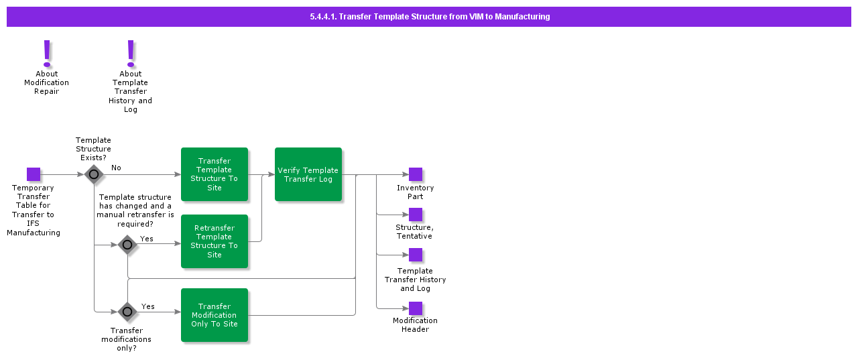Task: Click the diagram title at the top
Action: pos(429,17)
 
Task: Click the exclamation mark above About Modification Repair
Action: pos(47,52)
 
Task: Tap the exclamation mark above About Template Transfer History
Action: pos(131,52)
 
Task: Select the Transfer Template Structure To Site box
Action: pos(214,174)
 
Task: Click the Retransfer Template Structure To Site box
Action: pos(214,241)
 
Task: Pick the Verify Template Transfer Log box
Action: pos(308,174)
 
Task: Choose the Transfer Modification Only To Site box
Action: pos(214,315)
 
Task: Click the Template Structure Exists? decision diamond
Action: pos(94,174)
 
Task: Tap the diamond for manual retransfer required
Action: pos(127,245)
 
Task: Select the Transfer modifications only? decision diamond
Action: pos(127,312)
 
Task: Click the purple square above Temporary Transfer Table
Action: pos(34,174)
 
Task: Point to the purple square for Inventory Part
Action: pos(416,174)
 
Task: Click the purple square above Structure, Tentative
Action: pos(416,215)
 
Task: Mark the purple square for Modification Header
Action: pos(416,308)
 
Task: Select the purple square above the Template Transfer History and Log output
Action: pos(416,255)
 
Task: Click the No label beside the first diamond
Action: pos(116,168)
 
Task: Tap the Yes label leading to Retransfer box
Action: pos(147,239)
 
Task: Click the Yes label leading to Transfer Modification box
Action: pos(148,306)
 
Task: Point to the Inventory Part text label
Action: pos(415,192)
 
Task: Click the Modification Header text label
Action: pos(415,325)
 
